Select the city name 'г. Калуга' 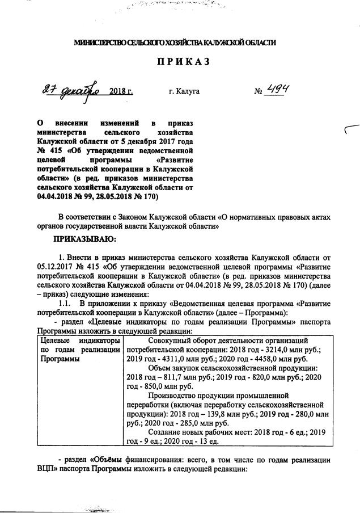tap(184, 91)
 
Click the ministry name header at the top tap(176, 43)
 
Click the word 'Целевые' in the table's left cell tap(53, 340)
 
